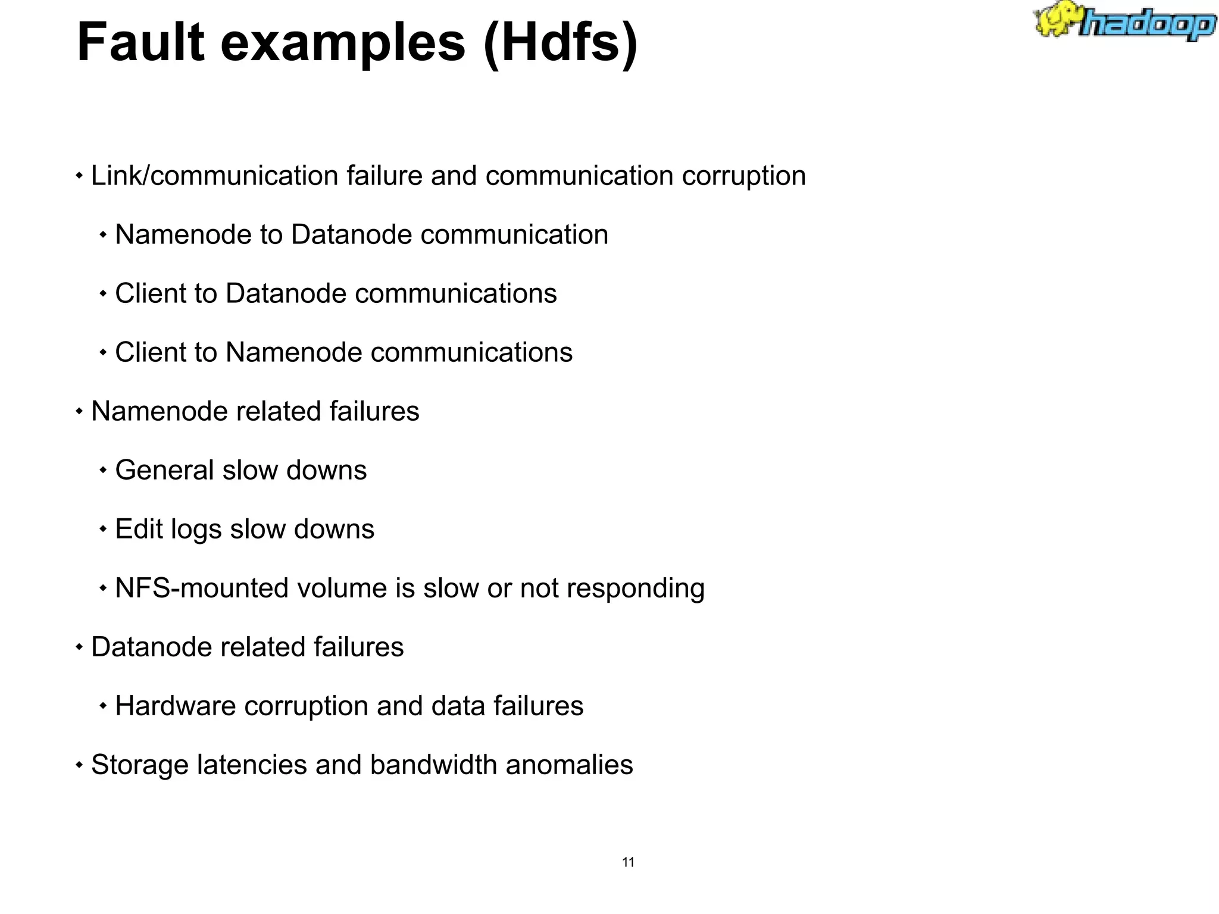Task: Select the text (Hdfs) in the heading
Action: point(560,43)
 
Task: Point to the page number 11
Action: point(628,862)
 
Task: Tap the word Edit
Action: point(139,529)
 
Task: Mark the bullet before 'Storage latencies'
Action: point(79,765)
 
